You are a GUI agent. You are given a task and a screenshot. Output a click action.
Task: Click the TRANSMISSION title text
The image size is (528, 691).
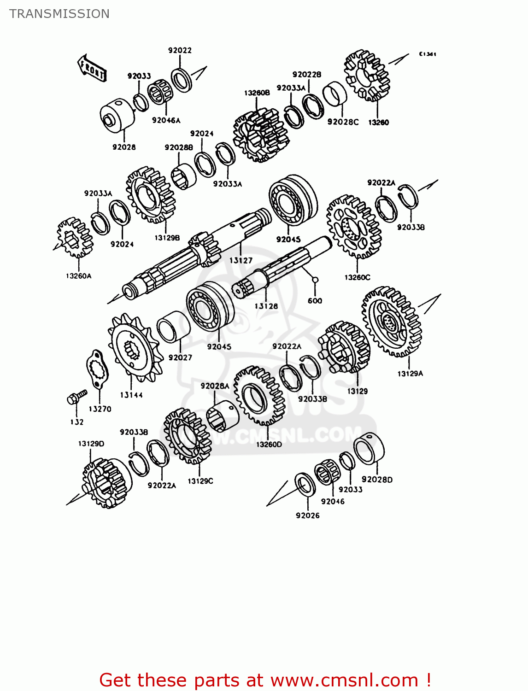point(59,14)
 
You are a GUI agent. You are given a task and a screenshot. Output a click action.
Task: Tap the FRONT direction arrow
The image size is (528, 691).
point(92,68)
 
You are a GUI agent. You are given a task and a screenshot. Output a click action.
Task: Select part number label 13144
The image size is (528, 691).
point(131,395)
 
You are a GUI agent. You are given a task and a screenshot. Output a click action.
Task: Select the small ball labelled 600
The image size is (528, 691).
point(315,279)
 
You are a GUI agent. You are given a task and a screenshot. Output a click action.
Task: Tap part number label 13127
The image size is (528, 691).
point(241,260)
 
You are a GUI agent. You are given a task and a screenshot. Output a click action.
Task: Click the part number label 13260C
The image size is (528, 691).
point(357,277)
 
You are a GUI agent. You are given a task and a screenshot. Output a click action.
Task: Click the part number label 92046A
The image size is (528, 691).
point(166,121)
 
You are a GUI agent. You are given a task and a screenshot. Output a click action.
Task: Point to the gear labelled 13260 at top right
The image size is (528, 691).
point(367,76)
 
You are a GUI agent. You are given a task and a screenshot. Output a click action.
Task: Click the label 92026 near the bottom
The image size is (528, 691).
point(307,515)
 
